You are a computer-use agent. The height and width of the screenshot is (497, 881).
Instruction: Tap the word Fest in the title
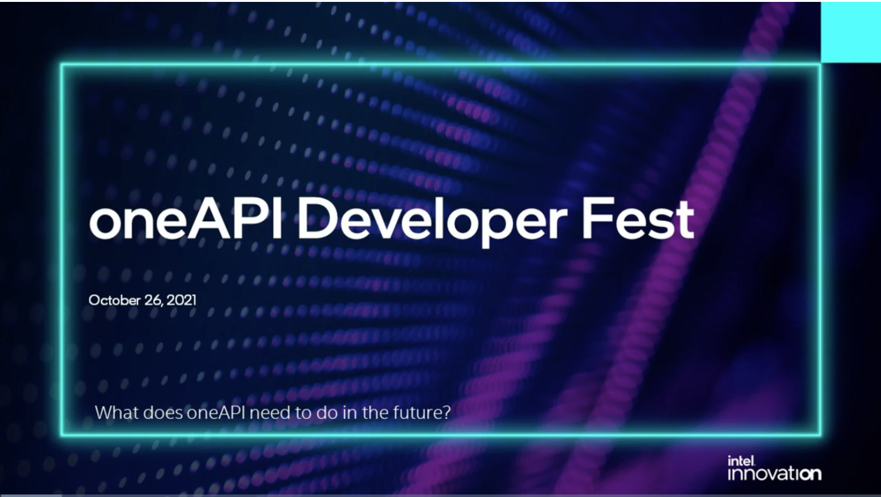pos(638,218)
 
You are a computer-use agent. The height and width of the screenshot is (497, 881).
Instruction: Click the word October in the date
pos(114,300)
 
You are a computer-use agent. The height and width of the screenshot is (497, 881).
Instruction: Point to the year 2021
pos(181,300)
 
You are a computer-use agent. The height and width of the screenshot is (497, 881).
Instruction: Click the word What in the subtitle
pos(117,412)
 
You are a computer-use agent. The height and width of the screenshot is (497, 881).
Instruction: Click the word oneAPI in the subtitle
pos(216,412)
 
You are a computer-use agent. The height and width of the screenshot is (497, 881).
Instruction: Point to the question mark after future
pos(446,412)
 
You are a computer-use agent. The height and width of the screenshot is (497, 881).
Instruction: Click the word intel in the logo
pos(741,461)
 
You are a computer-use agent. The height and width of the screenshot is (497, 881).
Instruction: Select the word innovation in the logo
pos(774,474)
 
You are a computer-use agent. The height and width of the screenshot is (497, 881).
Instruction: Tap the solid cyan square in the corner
pos(851,32)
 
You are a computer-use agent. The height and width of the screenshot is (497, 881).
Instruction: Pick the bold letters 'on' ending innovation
pos(810,474)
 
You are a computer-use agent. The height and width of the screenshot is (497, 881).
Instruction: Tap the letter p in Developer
pos(498,228)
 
